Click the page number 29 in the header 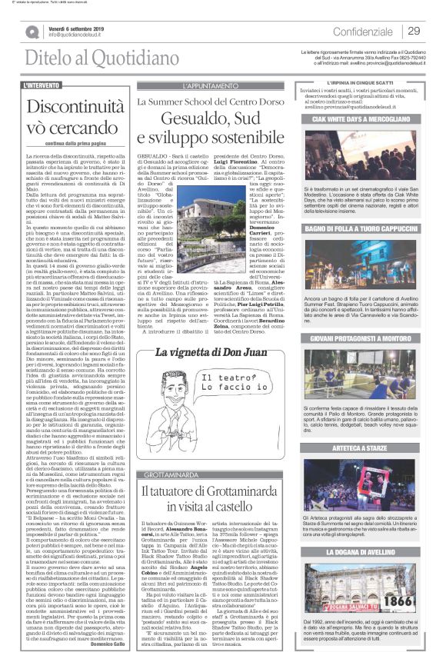click(414, 31)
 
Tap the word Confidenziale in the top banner click(364, 31)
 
